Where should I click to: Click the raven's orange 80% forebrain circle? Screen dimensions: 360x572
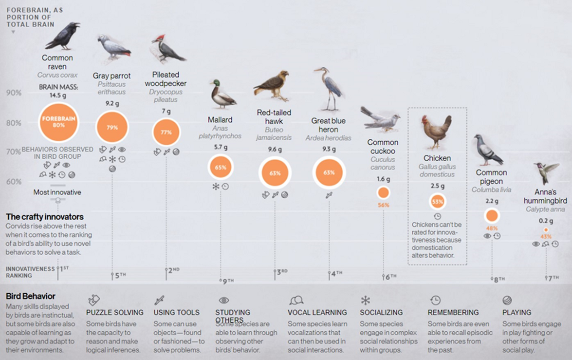click(x=59, y=122)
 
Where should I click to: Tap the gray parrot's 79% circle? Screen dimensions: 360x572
click(x=112, y=127)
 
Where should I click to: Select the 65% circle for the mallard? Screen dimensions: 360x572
click(x=221, y=167)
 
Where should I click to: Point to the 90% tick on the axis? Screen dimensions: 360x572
click(x=13, y=93)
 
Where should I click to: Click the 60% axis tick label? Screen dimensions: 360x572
click(x=13, y=182)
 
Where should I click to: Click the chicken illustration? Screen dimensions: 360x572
click(x=437, y=132)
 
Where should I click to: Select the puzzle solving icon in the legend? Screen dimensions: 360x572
click(x=93, y=300)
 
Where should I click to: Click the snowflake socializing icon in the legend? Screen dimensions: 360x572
click(x=365, y=300)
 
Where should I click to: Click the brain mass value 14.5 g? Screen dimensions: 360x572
click(x=57, y=95)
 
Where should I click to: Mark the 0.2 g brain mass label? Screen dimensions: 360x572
click(x=545, y=221)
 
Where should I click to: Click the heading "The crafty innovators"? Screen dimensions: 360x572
click(x=45, y=217)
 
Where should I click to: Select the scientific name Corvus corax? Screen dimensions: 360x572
click(x=57, y=75)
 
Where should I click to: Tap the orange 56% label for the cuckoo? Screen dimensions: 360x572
click(x=383, y=205)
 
